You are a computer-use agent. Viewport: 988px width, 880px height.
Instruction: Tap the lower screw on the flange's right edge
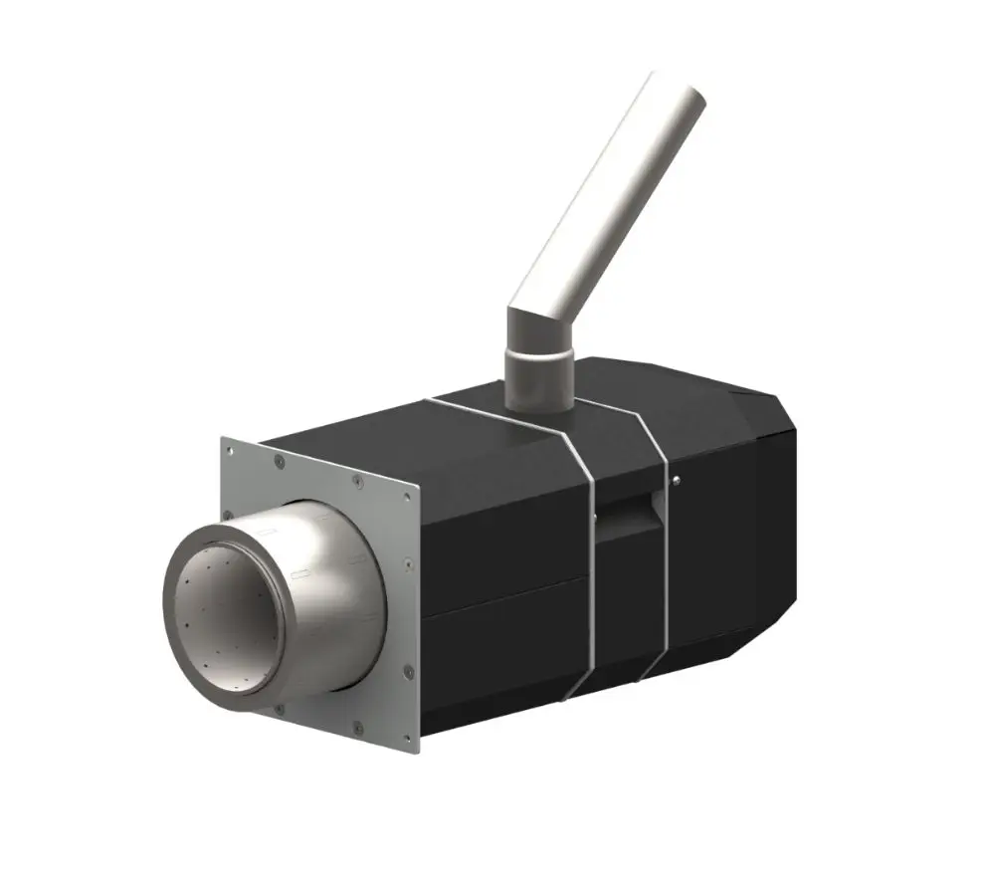tap(407, 673)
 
